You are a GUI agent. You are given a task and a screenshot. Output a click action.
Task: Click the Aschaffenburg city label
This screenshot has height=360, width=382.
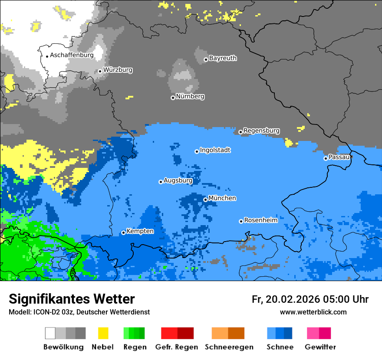click(72, 56)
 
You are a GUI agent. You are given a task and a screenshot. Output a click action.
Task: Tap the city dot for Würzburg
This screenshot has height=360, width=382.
click(100, 71)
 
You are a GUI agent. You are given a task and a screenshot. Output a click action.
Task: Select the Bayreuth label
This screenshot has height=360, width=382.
click(223, 58)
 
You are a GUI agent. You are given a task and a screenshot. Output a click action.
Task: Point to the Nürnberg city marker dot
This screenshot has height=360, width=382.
click(173, 98)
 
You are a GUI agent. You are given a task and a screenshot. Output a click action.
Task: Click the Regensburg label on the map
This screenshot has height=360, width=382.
click(261, 131)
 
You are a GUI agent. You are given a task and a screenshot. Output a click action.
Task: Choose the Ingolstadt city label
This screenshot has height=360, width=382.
click(215, 150)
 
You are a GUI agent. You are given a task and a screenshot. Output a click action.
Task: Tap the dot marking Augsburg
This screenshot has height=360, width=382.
click(161, 182)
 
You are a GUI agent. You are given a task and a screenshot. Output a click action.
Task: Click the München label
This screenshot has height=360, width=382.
click(222, 198)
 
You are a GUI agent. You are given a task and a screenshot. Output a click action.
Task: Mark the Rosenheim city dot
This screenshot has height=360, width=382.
click(241, 221)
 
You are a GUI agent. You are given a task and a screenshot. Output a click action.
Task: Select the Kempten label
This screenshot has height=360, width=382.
click(140, 231)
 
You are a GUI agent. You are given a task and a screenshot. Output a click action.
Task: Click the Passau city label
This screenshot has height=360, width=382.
click(339, 157)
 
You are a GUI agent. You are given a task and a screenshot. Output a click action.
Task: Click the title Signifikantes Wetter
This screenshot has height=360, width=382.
click(72, 299)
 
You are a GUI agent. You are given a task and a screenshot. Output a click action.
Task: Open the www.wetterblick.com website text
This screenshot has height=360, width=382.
click(313, 312)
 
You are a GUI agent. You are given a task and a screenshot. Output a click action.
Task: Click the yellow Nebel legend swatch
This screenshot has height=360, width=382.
click(103, 333)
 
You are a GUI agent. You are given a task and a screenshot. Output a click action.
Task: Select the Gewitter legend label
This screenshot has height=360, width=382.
click(320, 347)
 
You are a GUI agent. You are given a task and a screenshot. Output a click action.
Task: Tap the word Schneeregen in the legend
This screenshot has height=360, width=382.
click(229, 347)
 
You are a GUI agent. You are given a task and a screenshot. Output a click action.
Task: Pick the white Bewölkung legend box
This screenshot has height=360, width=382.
click(50, 333)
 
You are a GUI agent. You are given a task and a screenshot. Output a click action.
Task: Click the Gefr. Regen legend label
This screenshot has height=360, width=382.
click(177, 347)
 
